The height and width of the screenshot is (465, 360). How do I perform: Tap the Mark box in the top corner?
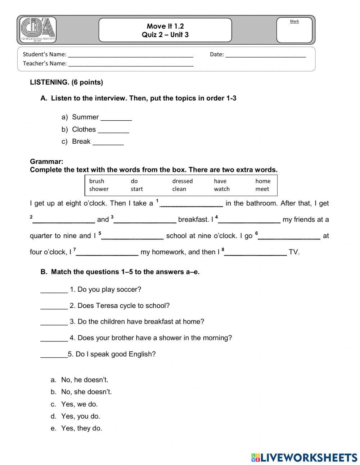click(x=294, y=31)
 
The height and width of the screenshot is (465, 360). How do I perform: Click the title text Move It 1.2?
click(x=165, y=26)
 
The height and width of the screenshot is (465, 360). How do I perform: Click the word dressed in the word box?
click(x=182, y=181)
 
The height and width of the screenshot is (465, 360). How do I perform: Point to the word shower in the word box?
click(x=99, y=189)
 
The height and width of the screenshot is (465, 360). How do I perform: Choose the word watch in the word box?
click(x=221, y=189)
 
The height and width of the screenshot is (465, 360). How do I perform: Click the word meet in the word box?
click(x=262, y=189)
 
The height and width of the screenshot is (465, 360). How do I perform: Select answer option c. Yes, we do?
click(x=79, y=404)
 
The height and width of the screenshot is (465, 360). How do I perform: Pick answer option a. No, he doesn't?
click(x=85, y=380)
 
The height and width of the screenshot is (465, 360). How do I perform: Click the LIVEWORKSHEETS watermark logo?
click(x=304, y=457)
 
